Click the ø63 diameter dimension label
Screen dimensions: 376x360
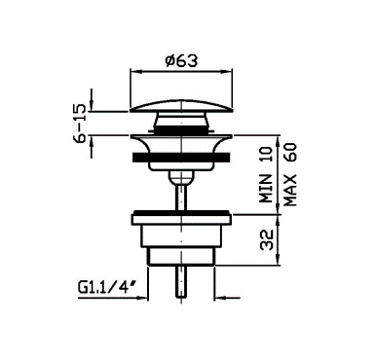coord(181,60)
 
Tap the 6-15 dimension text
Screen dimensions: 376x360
coord(80,124)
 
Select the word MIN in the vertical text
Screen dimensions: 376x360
coord(267,189)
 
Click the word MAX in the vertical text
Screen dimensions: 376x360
coord(290,191)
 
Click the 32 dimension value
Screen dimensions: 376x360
coord(267,240)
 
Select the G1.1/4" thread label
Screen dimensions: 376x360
coord(106,287)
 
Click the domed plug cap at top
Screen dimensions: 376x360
coord(181,106)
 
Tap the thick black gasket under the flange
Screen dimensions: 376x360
coord(181,158)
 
